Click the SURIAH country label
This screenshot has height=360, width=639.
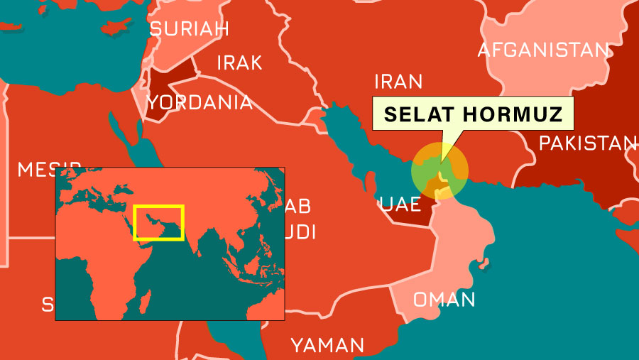pos(189,29)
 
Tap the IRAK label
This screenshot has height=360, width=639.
pos(239,62)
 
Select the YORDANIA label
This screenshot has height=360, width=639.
pos(200,102)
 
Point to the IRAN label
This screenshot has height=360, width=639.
pos(398,81)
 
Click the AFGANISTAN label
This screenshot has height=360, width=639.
pos(543,50)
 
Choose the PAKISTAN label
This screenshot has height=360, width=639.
pos(587,143)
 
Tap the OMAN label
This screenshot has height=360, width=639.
pos(444,299)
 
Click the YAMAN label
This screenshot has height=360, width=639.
pos(327,346)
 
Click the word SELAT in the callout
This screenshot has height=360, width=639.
pos(414,114)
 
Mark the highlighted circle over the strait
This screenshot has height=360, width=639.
pos(440,170)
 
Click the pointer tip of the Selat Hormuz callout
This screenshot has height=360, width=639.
pos(440,162)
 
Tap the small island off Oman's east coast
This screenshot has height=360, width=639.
pos(484,266)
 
